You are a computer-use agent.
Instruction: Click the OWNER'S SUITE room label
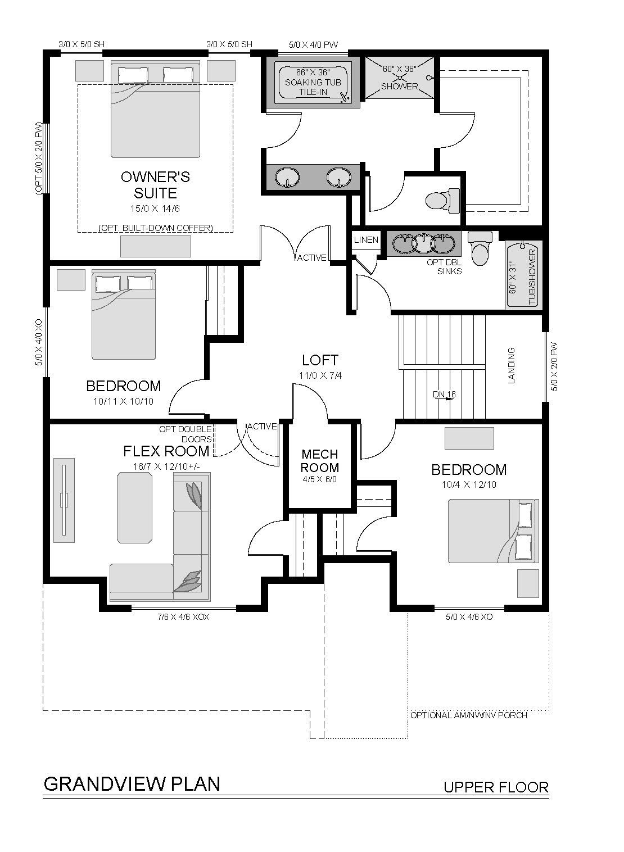coord(155,185)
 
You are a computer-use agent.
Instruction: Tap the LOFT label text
coord(320,360)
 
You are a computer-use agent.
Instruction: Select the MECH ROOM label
coord(320,461)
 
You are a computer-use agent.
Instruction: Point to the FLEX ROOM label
coord(166,451)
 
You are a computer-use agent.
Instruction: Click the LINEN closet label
coord(366,240)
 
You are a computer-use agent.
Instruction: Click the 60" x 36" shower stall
coord(399,78)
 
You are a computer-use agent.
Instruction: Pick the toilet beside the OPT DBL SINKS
coord(480,248)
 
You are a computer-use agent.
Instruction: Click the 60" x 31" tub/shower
coord(524,275)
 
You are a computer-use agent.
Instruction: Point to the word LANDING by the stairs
coord(512,365)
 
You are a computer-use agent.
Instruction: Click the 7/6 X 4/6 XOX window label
coord(183,617)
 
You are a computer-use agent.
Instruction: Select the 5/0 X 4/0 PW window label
coord(313,44)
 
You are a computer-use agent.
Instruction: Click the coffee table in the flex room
coord(134,508)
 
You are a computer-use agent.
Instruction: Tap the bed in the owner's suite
coord(155,110)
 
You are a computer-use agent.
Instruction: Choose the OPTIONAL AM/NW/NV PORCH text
coord(469,715)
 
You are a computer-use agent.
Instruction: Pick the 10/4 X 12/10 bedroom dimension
coord(469,484)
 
